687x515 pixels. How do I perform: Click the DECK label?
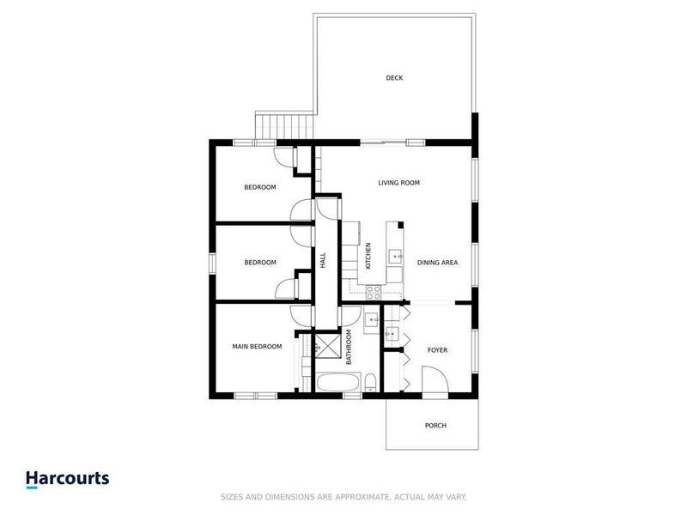click(394, 78)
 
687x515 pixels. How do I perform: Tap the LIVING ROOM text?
click(398, 183)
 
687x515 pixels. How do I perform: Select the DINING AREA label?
click(436, 263)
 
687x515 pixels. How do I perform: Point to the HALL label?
click(323, 260)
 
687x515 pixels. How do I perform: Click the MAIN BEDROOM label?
click(257, 347)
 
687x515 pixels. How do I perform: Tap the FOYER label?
click(437, 350)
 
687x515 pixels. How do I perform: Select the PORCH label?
click(435, 426)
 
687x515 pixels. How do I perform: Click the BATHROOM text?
click(350, 347)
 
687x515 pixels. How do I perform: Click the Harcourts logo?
click(67, 478)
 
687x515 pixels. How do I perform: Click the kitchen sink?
click(397, 255)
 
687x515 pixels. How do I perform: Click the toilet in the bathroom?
click(368, 384)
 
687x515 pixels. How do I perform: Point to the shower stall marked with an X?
click(327, 348)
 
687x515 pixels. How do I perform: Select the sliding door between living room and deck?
click(392, 141)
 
